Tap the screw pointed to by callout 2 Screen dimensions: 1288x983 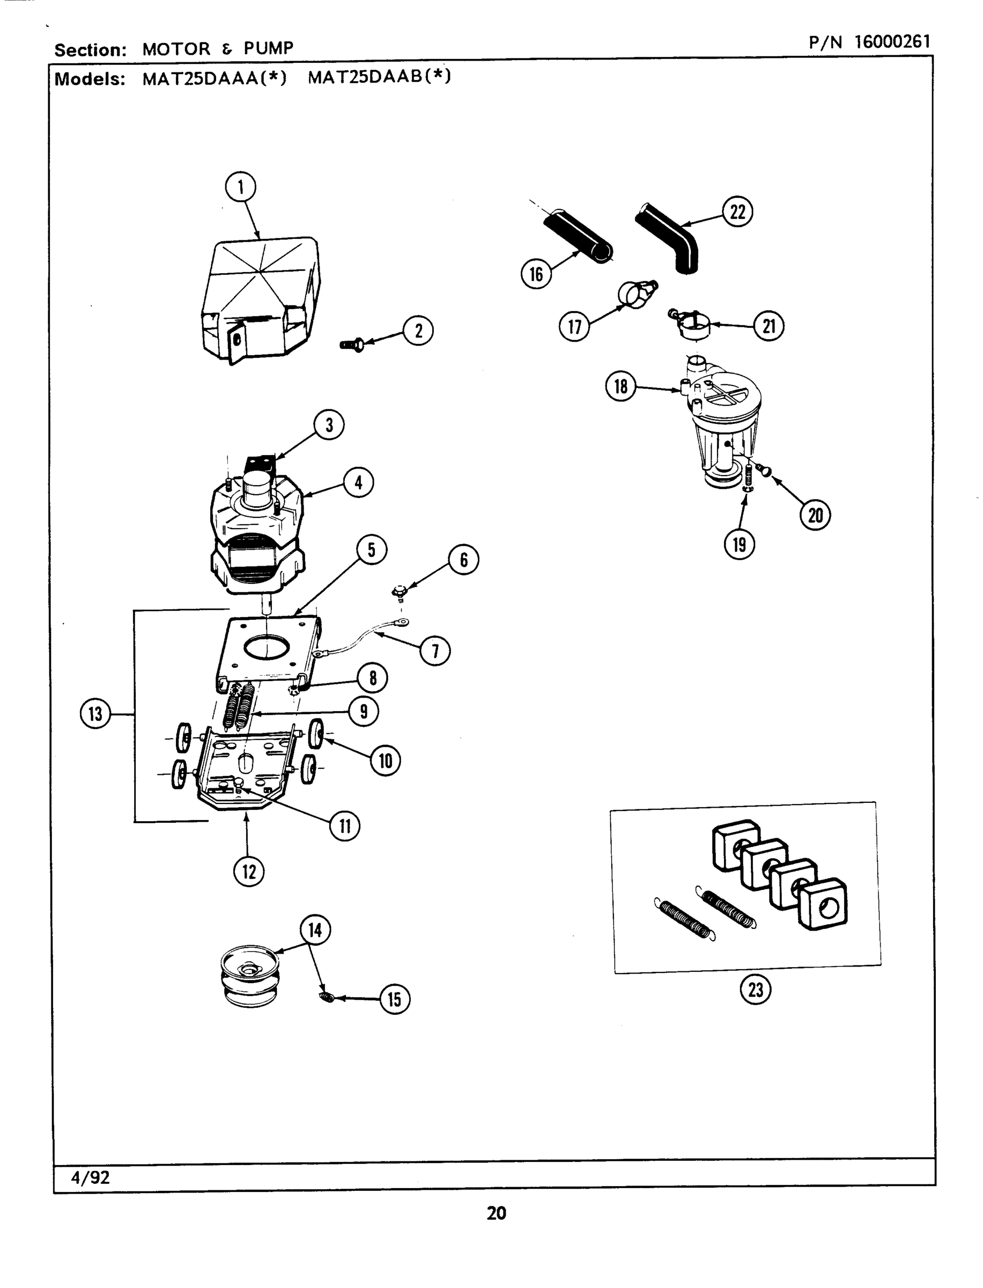(x=353, y=345)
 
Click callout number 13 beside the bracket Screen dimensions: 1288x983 (x=95, y=714)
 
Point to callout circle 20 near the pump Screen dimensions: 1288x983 (x=815, y=515)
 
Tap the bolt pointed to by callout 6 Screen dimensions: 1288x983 (x=400, y=592)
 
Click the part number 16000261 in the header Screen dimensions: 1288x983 (x=892, y=42)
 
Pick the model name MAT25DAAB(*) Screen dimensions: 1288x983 (x=379, y=77)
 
